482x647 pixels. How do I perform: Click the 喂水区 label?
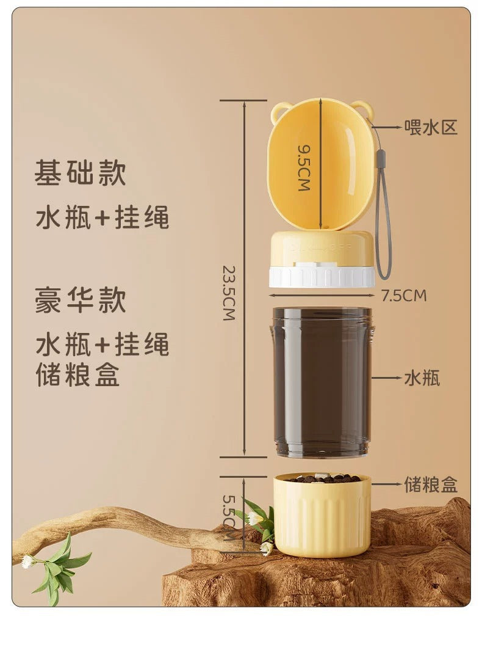[x=431, y=128]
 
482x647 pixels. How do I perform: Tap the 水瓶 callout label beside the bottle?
[x=422, y=378]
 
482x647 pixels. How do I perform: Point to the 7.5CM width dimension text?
[x=404, y=296]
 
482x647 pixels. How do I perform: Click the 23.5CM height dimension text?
[x=229, y=293]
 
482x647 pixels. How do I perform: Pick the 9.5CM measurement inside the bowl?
[x=304, y=167]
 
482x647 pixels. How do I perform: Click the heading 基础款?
[x=81, y=173]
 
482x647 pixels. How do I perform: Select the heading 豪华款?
[x=81, y=301]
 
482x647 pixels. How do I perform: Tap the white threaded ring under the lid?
[x=322, y=277]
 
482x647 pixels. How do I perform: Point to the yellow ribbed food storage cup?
[x=322, y=518]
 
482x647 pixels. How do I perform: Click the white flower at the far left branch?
[x=28, y=561]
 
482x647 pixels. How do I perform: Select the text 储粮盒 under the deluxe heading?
[x=78, y=374]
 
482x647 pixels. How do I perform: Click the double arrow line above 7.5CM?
[x=322, y=296]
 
